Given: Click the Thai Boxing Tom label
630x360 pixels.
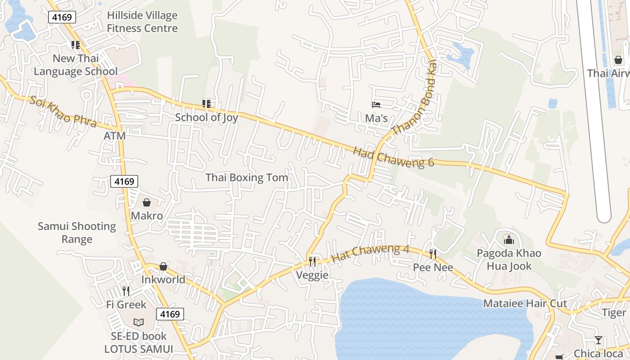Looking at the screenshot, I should (247, 178).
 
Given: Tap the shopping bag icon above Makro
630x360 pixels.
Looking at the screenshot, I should (147, 203).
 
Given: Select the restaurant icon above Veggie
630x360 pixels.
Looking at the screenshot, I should (312, 261).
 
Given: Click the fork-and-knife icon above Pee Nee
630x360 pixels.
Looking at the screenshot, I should (433, 254).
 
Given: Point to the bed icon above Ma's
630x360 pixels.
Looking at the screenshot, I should (376, 105).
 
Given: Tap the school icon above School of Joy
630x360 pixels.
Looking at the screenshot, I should (207, 104).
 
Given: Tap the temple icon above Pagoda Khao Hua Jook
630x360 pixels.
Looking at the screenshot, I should (509, 239).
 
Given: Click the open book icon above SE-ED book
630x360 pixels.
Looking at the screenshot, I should (139, 322).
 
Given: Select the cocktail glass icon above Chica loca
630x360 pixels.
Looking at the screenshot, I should (598, 340).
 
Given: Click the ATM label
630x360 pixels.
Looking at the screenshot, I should (115, 136).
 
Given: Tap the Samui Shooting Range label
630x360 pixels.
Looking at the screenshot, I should (77, 233).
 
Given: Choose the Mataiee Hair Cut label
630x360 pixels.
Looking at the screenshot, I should (525, 304).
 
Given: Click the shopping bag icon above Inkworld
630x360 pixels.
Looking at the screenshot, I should (163, 267).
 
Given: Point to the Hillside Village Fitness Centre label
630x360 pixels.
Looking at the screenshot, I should (142, 22).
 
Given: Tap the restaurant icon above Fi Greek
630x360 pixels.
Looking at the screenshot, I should (126, 291).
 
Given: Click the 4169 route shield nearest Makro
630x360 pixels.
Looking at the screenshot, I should (124, 181).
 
